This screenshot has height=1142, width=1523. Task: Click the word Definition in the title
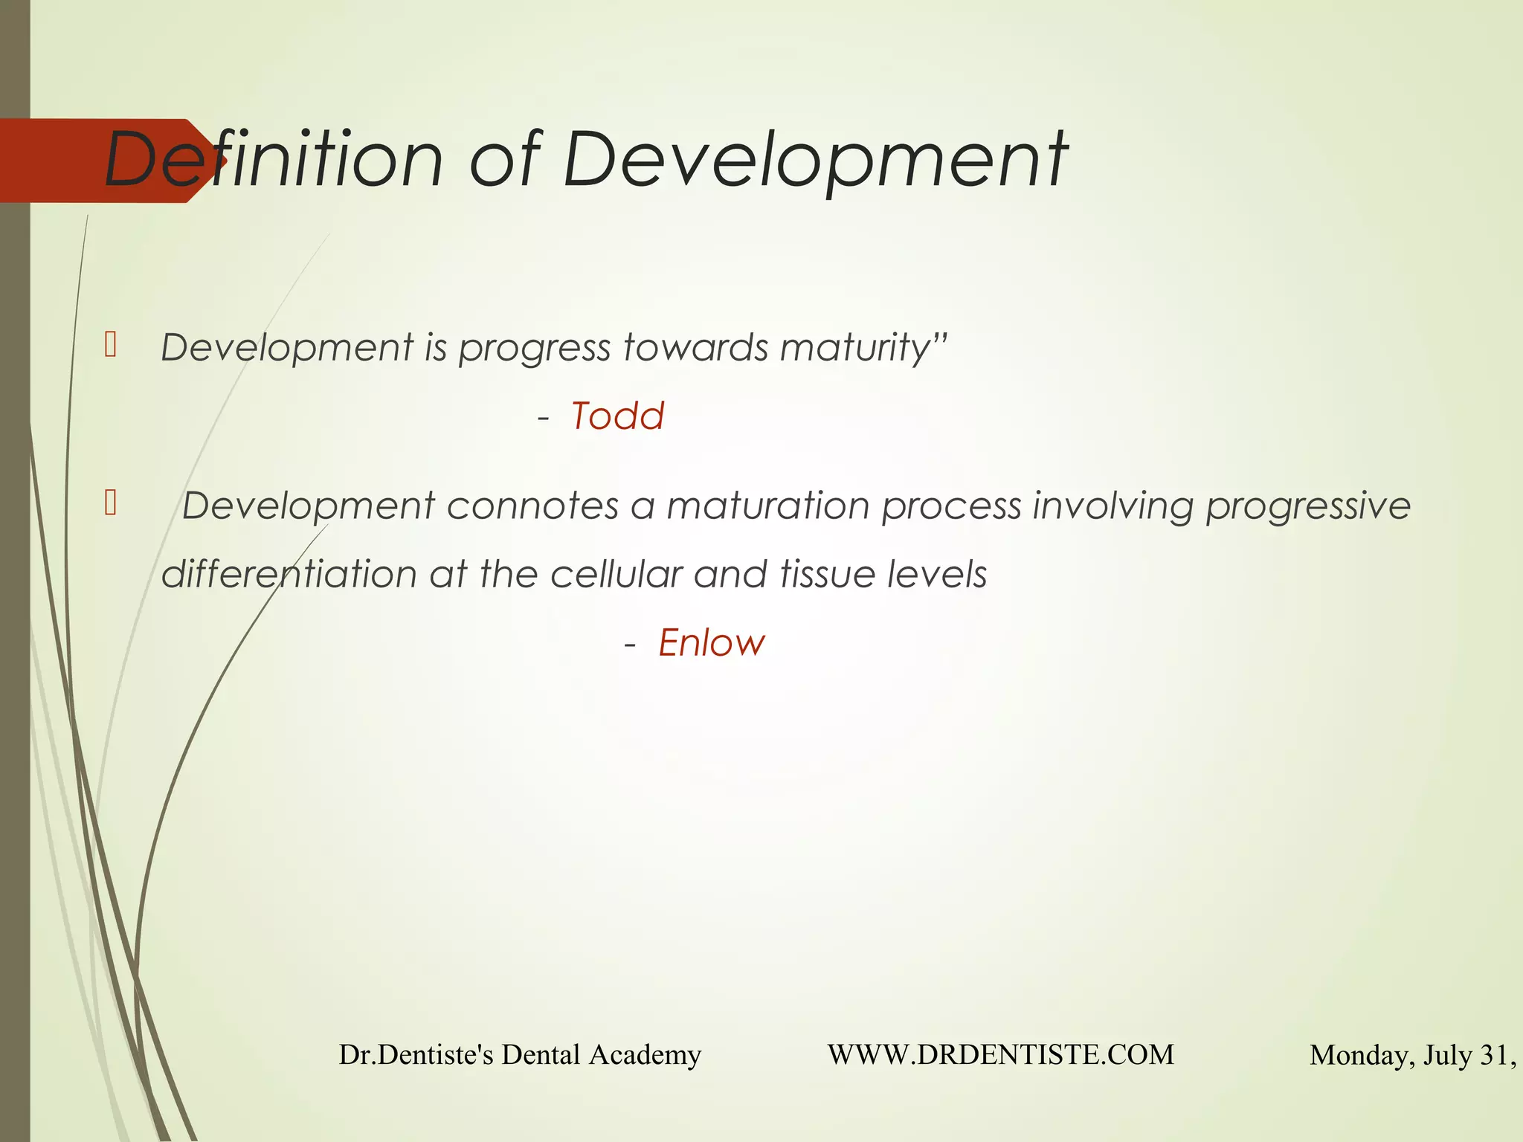(x=274, y=160)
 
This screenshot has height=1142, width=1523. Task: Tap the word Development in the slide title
(x=815, y=160)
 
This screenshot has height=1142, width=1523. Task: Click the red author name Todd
(x=617, y=416)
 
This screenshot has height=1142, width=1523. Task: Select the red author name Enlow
(x=712, y=642)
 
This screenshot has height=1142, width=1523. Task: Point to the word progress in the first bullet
(x=534, y=347)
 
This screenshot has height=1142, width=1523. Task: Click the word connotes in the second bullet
(x=532, y=506)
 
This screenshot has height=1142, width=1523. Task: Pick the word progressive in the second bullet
(x=1307, y=506)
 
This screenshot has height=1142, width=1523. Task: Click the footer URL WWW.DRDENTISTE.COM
(x=1000, y=1054)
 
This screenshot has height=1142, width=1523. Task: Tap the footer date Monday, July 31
(x=1411, y=1055)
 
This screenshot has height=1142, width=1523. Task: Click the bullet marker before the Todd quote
(x=111, y=345)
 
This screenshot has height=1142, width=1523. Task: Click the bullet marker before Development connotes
(x=111, y=503)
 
